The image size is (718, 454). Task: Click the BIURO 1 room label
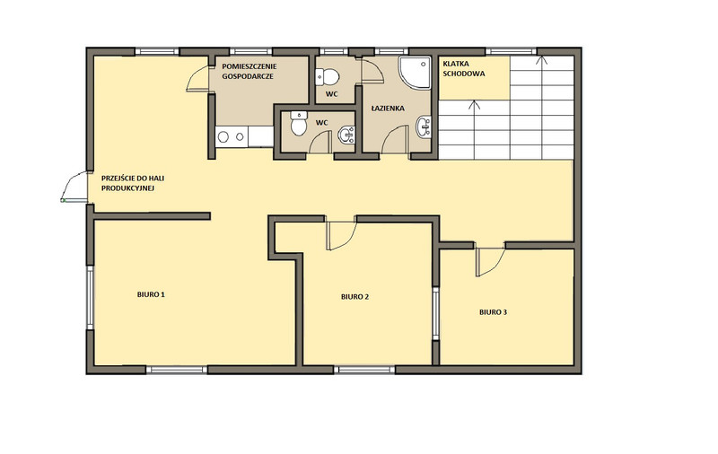pyautogui.click(x=151, y=294)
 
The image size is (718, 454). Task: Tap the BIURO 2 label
pyautogui.click(x=355, y=297)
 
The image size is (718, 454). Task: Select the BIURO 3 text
pyautogui.click(x=493, y=312)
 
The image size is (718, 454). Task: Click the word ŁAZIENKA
pyautogui.click(x=388, y=109)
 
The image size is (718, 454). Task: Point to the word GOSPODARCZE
pyautogui.click(x=248, y=76)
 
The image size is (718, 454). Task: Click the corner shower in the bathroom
pyautogui.click(x=415, y=73)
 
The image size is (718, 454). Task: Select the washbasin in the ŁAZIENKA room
pyautogui.click(x=424, y=127)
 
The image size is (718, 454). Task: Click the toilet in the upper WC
pyautogui.click(x=328, y=77)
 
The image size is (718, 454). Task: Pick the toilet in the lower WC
pyautogui.click(x=299, y=124)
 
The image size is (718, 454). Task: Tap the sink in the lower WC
pyautogui.click(x=346, y=134)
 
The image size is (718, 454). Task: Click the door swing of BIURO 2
pyautogui.click(x=342, y=235)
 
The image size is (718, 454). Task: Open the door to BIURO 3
pyautogui.click(x=490, y=262)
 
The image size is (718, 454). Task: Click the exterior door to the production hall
pyautogui.click(x=74, y=187)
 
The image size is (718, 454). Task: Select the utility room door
pyautogui.click(x=198, y=79)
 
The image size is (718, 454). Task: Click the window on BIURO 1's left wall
pyautogui.click(x=91, y=298)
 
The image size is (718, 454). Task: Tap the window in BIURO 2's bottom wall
pyautogui.click(x=364, y=370)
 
